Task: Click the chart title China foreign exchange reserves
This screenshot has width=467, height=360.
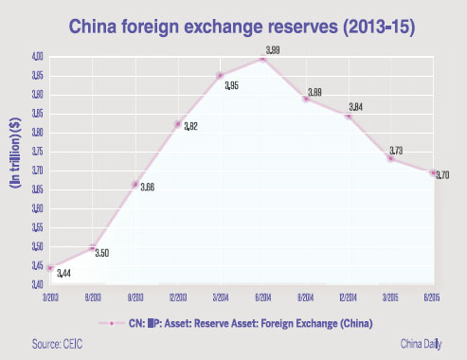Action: pos(232,21)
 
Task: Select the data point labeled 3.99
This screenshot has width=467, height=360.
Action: pos(261,59)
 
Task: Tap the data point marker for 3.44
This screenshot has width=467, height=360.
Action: pos(50,268)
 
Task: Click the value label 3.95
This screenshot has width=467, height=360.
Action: pos(232,87)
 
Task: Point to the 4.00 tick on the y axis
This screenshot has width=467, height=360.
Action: pos(33,58)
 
